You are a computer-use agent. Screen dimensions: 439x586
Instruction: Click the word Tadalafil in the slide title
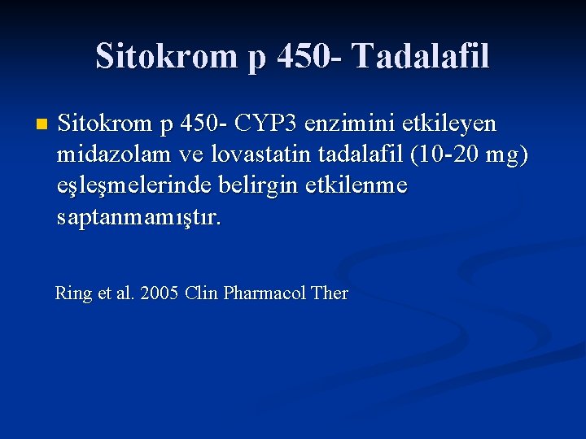coord(421,56)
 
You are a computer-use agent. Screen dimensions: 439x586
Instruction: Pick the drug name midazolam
coord(114,155)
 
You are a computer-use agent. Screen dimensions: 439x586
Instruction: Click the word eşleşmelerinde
coord(134,186)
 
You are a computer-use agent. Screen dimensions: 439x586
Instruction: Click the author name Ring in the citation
coord(73,293)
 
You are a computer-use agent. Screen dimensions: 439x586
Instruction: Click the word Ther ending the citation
coord(330,293)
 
